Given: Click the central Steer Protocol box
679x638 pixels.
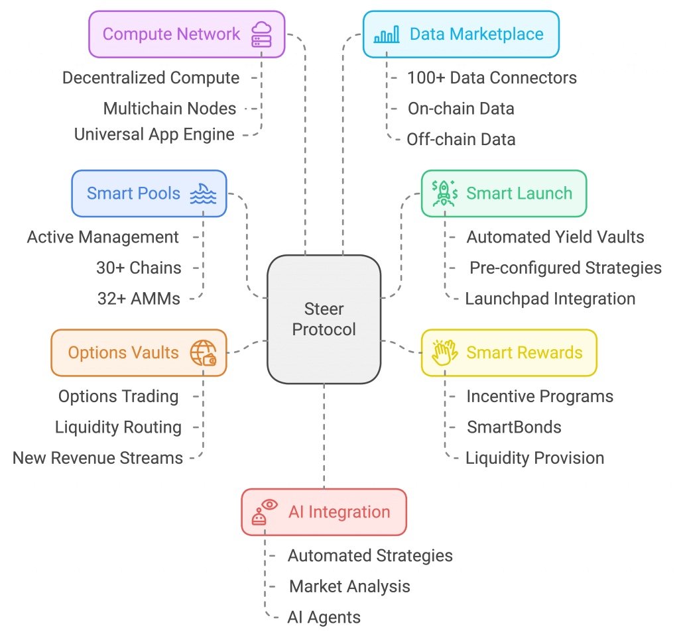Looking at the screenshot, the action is (x=324, y=319).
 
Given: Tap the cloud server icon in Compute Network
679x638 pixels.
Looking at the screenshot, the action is (x=261, y=34).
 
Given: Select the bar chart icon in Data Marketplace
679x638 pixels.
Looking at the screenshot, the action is (x=387, y=34).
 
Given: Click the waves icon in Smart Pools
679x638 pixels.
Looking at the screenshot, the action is (x=203, y=193).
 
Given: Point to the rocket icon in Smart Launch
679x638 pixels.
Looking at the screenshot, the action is (x=445, y=193).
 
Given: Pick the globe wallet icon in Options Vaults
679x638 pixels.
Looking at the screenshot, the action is (x=203, y=352).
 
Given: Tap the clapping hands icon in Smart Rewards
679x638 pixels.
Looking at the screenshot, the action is (x=445, y=352).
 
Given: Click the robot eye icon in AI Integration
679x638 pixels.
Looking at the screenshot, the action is (x=264, y=512).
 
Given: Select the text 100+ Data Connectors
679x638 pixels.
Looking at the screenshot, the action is (x=492, y=78).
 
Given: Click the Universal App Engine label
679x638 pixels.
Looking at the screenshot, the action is (x=154, y=134).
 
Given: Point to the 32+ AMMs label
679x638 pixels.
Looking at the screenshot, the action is (x=139, y=299).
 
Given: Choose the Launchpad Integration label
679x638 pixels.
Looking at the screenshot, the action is (x=550, y=299).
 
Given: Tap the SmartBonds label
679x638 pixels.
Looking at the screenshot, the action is (x=514, y=427).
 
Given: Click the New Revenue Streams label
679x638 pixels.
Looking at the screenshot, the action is (x=98, y=458).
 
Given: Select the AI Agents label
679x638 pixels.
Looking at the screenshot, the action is (x=324, y=617).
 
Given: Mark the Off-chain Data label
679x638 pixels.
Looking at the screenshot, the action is (x=461, y=140).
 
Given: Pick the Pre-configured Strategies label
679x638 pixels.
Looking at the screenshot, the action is (x=566, y=268).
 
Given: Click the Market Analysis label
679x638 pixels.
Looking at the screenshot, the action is (x=349, y=586).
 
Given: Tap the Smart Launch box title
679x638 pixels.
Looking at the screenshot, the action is (x=519, y=193).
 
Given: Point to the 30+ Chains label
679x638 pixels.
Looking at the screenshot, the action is (x=139, y=268).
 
